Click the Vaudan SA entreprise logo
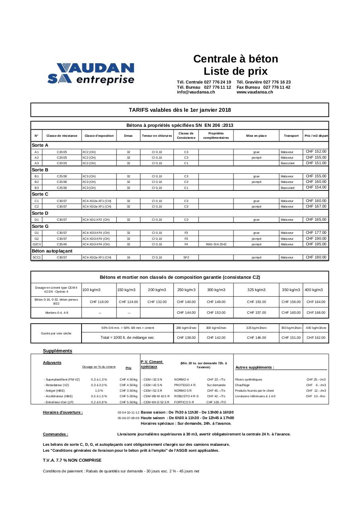(91, 74)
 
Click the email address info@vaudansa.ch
(196, 92)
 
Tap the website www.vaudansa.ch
(255, 92)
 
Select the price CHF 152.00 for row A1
(316, 152)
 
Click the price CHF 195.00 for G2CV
(316, 244)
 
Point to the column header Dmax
(128, 136)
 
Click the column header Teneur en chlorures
(157, 136)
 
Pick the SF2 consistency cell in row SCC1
(186, 257)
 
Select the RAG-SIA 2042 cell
(216, 244)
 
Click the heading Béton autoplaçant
(52, 251)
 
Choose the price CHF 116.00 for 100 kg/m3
(99, 302)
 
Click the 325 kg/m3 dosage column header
(256, 290)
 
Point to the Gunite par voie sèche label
(56, 333)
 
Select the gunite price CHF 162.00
(316, 338)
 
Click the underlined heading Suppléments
(58, 351)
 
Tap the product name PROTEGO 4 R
(185, 385)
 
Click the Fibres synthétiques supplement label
(249, 379)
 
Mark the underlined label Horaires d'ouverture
(63, 412)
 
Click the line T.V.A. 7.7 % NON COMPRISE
(72, 460)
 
